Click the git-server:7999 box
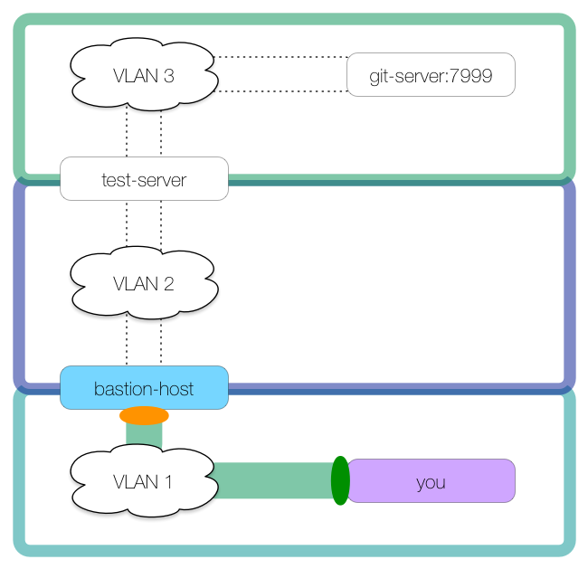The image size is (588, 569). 431,75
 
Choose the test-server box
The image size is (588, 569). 144,179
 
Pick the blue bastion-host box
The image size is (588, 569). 144,388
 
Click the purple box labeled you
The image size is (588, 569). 432,481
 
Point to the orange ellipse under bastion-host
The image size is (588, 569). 144,416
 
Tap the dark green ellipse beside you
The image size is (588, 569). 340,480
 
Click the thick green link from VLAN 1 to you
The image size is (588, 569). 271,480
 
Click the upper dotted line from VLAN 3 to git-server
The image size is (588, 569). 280,57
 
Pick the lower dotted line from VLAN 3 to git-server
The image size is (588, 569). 280,91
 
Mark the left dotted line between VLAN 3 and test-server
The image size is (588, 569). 127,131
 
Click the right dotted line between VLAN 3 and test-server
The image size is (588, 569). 161,131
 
